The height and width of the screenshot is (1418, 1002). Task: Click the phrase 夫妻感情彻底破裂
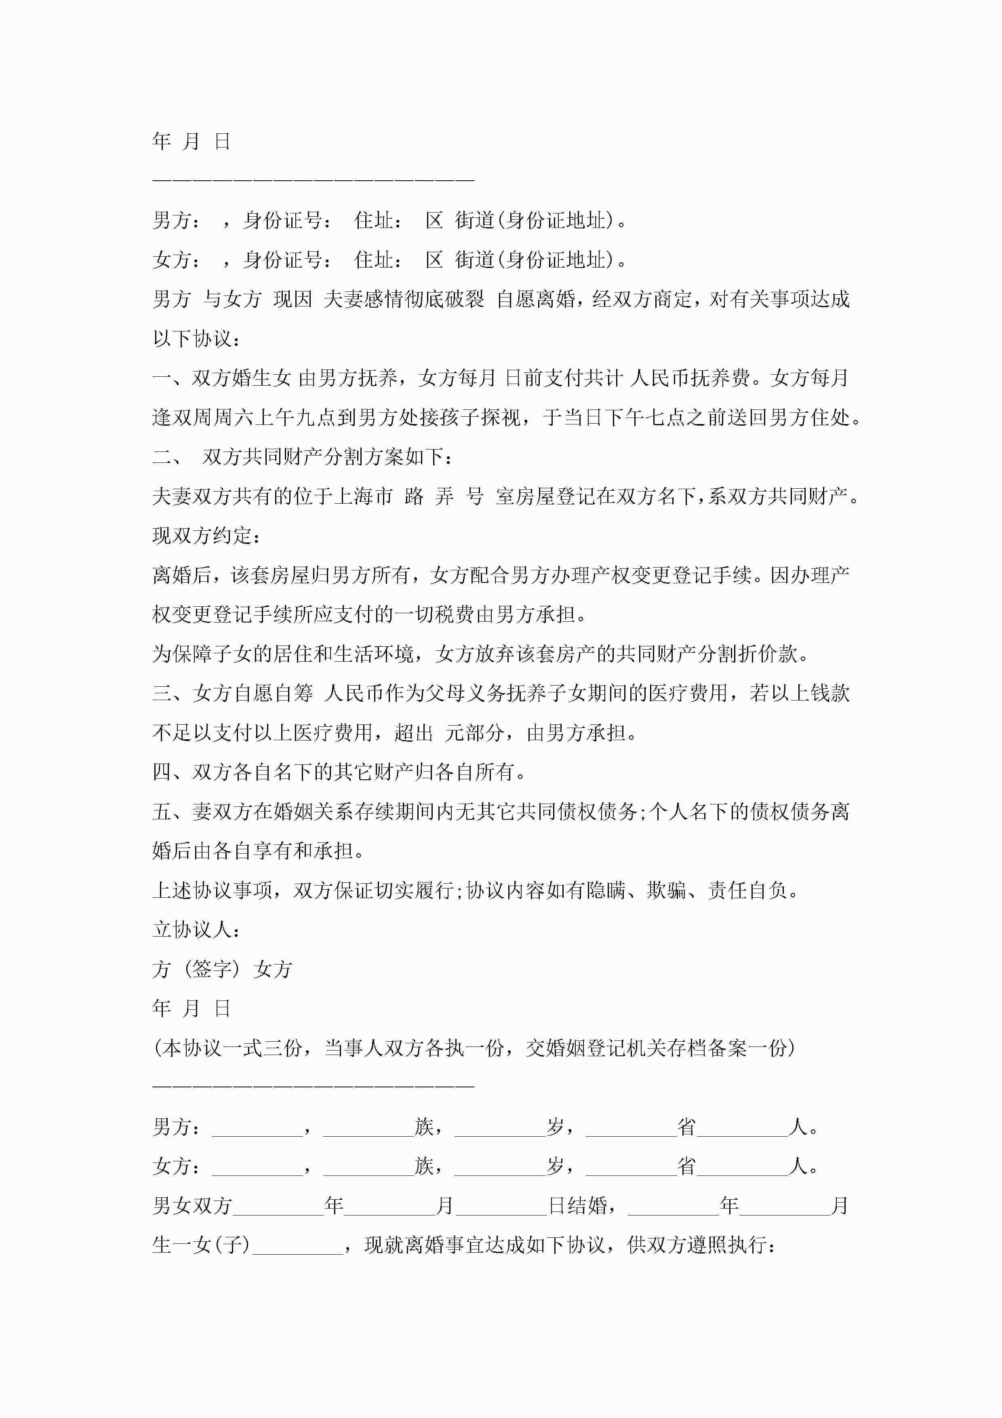coord(404,300)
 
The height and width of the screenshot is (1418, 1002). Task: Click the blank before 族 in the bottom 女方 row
coord(368,1166)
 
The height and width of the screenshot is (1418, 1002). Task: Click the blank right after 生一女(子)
coord(298,1245)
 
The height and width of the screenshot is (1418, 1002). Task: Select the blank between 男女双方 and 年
coord(278,1205)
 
